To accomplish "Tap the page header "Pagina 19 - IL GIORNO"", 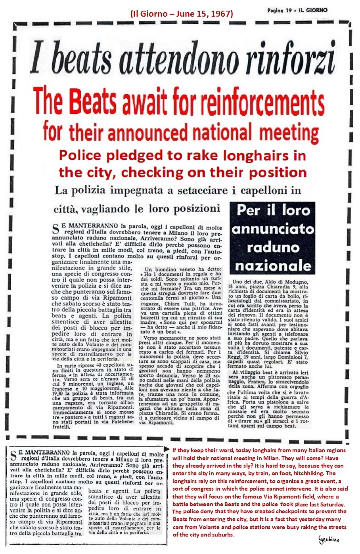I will (x=297, y=10).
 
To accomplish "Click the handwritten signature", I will (x=329, y=539).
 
